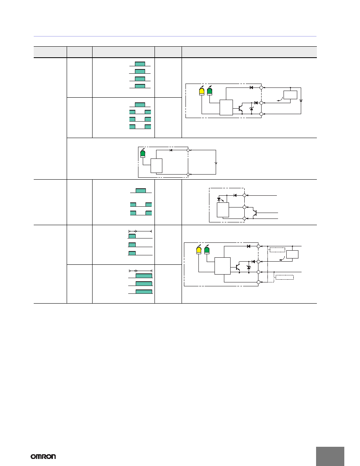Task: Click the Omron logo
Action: coord(44,456)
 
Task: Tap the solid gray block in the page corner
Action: coord(330,456)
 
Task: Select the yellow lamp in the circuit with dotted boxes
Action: coord(199,250)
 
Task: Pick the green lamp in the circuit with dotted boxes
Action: coord(207,250)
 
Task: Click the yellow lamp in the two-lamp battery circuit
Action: coord(202,91)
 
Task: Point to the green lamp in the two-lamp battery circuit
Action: coord(210,91)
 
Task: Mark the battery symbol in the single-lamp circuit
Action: coord(216,163)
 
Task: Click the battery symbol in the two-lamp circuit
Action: coord(301,101)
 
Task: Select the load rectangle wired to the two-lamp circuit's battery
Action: coord(290,95)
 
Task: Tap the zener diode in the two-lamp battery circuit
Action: coord(252,109)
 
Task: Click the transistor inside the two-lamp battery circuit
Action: coord(240,109)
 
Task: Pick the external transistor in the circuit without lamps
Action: coord(255,213)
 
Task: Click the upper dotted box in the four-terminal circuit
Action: coord(277,249)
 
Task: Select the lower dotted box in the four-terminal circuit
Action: coord(285,277)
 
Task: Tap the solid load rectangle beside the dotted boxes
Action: coord(292,255)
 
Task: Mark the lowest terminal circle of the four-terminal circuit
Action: coord(258,282)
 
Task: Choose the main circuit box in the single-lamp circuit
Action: coord(156,166)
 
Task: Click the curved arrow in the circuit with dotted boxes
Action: coord(281,259)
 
